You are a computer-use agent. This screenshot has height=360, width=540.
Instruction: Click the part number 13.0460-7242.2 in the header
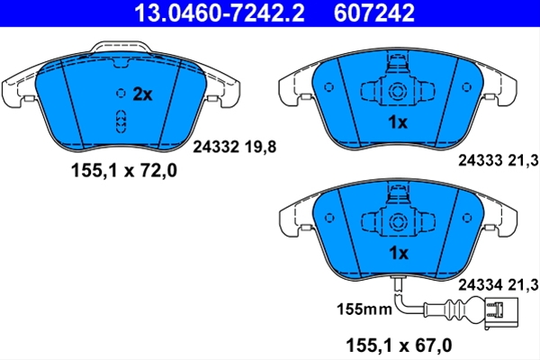220,13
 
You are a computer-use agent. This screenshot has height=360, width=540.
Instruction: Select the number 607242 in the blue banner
374,13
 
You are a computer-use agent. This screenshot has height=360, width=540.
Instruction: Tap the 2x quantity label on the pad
142,94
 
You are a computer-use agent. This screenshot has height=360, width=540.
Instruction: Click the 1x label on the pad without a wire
398,122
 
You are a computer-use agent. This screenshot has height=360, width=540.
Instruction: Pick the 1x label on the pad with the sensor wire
399,253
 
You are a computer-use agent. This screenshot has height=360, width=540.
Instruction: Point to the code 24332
216,147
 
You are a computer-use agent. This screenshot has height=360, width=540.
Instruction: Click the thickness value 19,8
260,147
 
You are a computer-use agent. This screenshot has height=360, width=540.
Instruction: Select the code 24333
481,160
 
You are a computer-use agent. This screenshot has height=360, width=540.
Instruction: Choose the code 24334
481,285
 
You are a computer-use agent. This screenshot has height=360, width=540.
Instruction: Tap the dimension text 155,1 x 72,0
124,170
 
